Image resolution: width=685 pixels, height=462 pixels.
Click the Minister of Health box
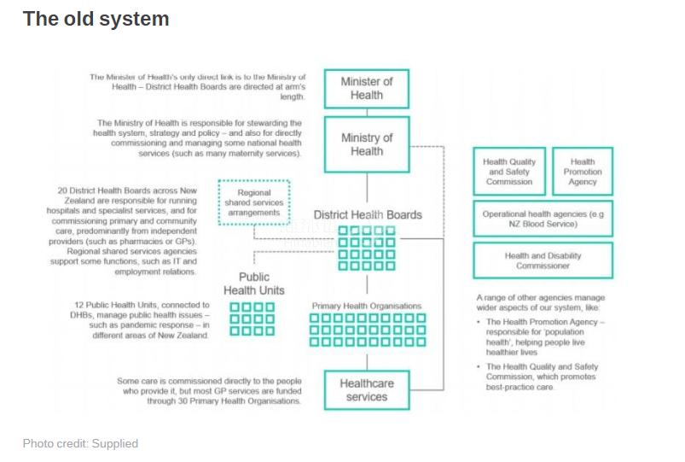click(366, 89)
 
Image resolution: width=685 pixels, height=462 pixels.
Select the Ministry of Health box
click(366, 144)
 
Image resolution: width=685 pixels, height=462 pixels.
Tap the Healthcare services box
click(366, 389)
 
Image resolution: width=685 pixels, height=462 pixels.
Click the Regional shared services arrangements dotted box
click(254, 202)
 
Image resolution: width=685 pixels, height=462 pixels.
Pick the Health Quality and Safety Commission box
click(509, 172)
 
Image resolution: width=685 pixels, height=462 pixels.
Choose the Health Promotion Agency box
click(583, 172)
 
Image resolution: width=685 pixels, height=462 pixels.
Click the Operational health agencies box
click(543, 219)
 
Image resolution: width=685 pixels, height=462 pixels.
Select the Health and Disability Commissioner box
click(543, 260)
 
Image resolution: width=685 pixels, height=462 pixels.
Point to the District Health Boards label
click(368, 214)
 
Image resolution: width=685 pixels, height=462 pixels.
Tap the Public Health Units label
click(254, 284)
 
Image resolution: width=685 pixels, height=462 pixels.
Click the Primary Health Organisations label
click(366, 306)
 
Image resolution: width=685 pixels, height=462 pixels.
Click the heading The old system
click(96, 19)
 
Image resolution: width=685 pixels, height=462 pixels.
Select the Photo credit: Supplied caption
click(80, 443)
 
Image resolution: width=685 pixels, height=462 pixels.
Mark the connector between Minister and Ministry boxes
click(367, 113)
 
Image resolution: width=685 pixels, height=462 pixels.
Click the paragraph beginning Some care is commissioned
click(209, 390)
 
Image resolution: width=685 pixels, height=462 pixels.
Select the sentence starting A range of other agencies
click(541, 303)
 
